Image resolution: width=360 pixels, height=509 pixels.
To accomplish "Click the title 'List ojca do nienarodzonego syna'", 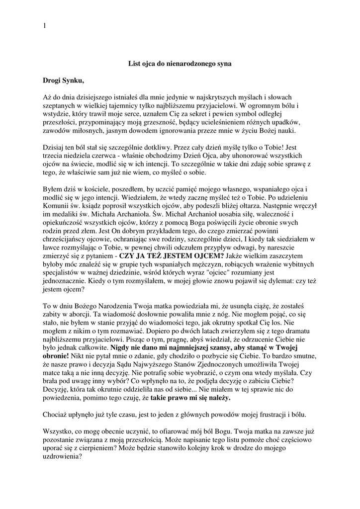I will [x=180, y=64].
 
